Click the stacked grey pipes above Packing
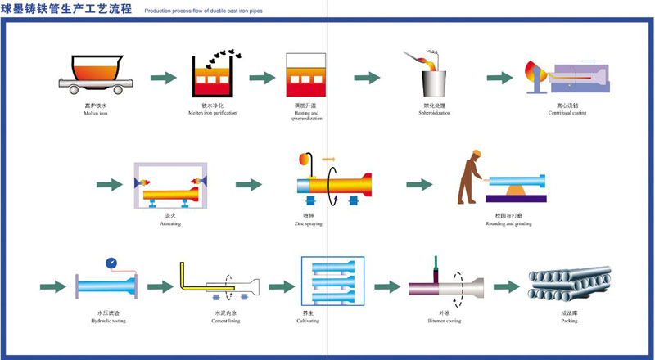[569, 286]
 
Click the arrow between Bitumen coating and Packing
[506, 287]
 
